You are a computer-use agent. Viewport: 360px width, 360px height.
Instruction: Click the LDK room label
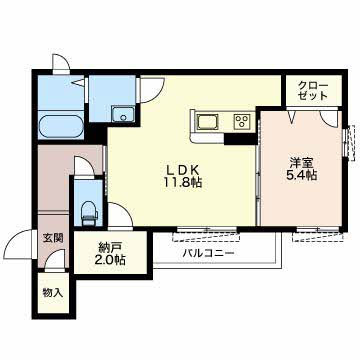tap(183, 170)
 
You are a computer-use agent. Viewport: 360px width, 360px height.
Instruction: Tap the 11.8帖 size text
tap(183, 183)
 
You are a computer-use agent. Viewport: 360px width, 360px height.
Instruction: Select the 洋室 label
tap(301, 163)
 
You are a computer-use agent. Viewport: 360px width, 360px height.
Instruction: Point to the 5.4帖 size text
tap(301, 175)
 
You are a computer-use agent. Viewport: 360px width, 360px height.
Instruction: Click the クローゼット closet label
tap(313, 91)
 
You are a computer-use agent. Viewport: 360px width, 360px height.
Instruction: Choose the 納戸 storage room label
tap(110, 247)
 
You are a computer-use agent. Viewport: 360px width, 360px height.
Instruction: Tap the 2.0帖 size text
tap(110, 260)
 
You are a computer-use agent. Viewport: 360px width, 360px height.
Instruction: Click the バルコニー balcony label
tap(208, 253)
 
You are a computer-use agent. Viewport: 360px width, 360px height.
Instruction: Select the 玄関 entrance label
tap(53, 238)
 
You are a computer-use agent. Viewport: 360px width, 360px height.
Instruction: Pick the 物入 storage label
tap(53, 293)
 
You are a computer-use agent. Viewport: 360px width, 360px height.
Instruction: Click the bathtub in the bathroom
tap(60, 127)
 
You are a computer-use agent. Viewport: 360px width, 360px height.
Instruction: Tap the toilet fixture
tap(89, 212)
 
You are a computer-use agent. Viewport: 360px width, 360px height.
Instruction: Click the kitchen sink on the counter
tap(207, 121)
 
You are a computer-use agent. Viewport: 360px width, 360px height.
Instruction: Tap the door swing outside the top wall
tap(61, 62)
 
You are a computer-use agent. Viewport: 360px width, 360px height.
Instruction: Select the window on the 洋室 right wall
tap(349, 141)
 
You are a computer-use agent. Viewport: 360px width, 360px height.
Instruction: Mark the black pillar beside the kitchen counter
tap(240, 138)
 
